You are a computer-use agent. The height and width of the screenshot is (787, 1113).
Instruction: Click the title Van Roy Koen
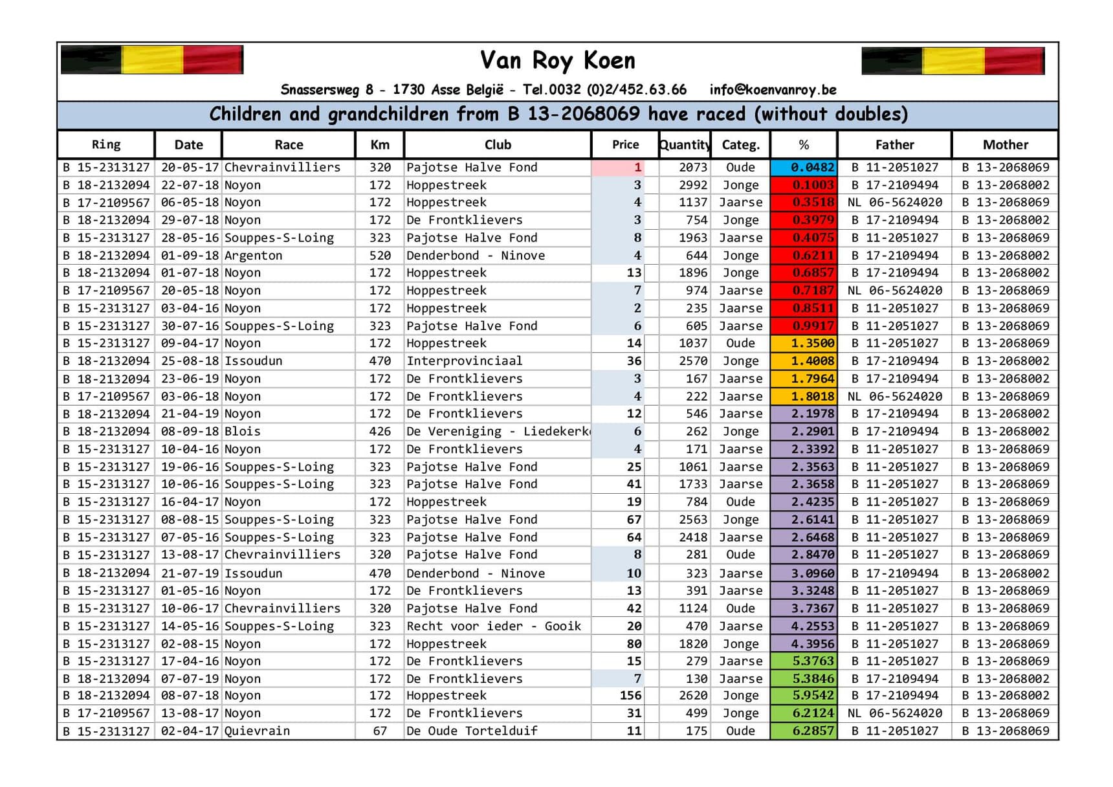tap(557, 61)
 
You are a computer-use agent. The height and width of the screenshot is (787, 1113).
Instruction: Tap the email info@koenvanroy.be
tap(773, 90)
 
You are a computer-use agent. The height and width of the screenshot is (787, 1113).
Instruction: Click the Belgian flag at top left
tap(152, 60)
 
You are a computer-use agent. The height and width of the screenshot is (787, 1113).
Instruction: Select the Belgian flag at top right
tap(953, 61)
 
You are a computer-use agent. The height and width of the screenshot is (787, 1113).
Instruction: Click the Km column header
tap(380, 145)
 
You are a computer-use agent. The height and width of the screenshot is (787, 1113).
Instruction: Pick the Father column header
tap(894, 145)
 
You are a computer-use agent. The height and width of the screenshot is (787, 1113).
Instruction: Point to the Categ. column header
tap(740, 145)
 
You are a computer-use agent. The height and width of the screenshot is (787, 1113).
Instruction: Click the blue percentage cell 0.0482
tap(804, 168)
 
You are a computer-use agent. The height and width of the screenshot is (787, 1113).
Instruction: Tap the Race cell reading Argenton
tap(254, 256)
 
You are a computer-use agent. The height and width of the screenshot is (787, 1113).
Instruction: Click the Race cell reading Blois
tap(243, 432)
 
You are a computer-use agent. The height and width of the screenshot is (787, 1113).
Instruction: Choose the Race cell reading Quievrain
tap(257, 731)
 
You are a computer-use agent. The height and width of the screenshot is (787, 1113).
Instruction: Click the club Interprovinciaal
tap(464, 361)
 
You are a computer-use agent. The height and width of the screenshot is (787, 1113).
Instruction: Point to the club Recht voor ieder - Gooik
tap(493, 626)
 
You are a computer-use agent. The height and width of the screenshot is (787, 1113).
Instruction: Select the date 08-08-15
tap(190, 520)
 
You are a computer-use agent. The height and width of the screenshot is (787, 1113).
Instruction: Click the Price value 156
tap(630, 696)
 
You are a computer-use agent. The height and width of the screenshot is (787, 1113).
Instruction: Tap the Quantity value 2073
tap(692, 168)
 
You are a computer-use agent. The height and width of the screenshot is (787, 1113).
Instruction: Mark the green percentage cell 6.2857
tap(804, 731)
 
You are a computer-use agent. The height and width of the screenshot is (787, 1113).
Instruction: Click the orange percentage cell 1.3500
tap(804, 344)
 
